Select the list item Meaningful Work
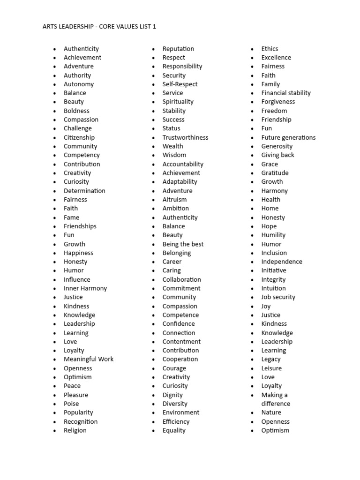click(89, 359)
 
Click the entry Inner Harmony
click(85, 288)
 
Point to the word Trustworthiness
click(185, 137)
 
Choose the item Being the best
click(183, 244)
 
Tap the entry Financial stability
click(286, 93)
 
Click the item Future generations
click(288, 137)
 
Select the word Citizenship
click(79, 137)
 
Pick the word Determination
click(84, 191)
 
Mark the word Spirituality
click(178, 102)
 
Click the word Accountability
click(183, 164)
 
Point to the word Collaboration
click(181, 279)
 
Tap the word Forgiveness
click(278, 102)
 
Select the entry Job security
click(278, 297)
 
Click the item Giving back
click(277, 155)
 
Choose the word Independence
click(282, 262)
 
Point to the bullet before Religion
click(54, 431)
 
